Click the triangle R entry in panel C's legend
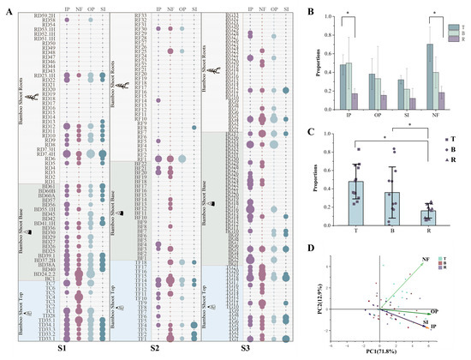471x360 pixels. tap(450, 171)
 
